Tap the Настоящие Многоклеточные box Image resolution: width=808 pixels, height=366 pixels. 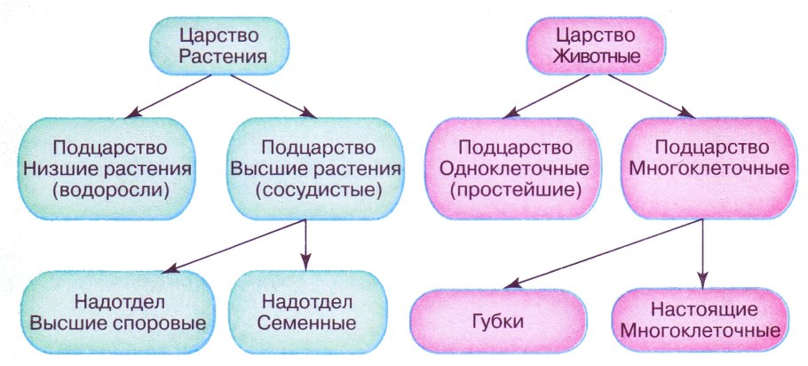point(703,320)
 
